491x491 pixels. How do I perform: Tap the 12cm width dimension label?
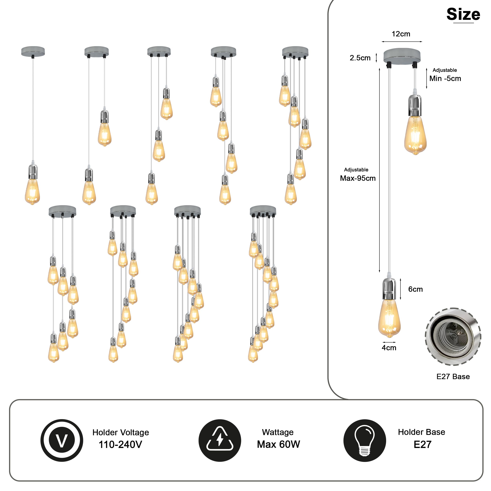coord(401,34)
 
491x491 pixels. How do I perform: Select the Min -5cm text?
coord(445,79)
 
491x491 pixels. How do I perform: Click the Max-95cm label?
coord(358,178)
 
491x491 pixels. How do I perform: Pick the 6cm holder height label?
coord(415,289)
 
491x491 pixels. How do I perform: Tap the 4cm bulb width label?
coord(389,348)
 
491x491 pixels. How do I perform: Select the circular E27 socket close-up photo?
coord(453,337)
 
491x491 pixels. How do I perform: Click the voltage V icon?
coord(62,440)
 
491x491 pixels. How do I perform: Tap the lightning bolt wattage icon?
coord(220,440)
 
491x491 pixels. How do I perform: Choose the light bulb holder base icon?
coord(365,440)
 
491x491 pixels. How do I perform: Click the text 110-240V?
coord(120,444)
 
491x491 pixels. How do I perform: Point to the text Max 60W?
coord(278,444)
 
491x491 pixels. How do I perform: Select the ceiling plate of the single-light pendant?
coord(33,51)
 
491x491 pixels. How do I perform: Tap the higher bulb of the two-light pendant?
coord(105,134)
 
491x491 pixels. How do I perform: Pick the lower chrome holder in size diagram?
coord(389,289)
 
